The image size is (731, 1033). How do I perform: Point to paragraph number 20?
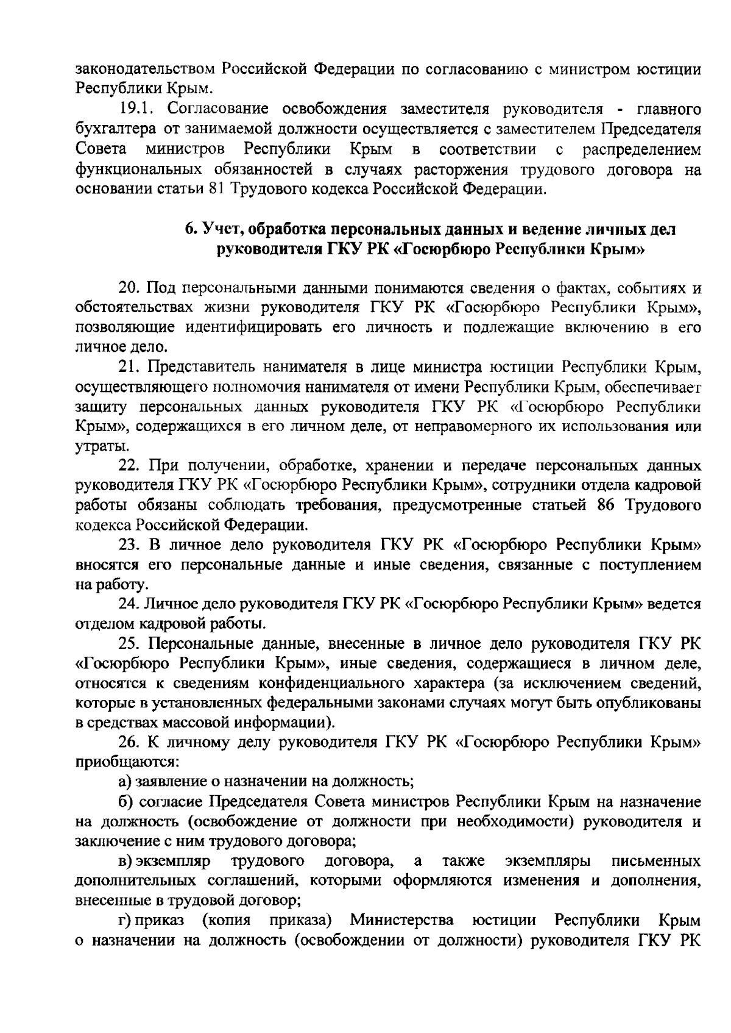pos(130,287)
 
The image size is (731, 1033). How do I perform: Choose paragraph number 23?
pos(130,545)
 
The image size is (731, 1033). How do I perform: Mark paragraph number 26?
pos(130,742)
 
